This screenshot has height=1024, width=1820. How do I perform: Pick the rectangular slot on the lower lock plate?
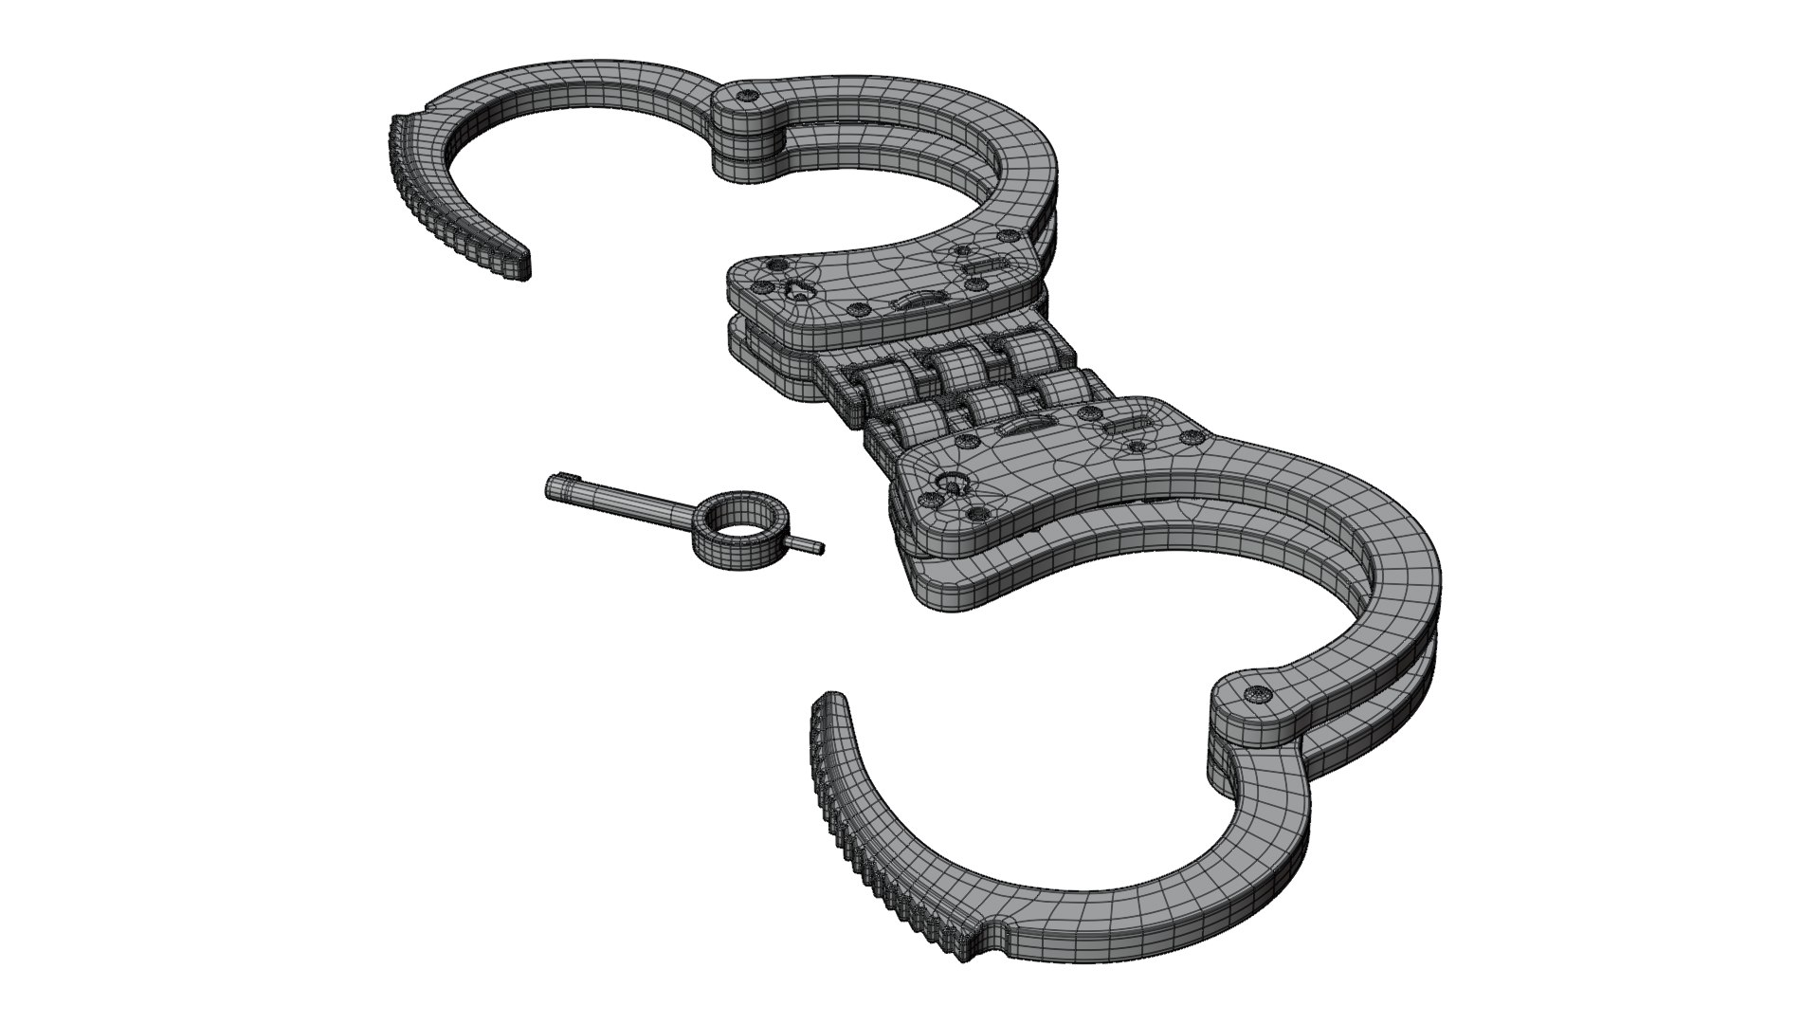(1132, 423)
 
